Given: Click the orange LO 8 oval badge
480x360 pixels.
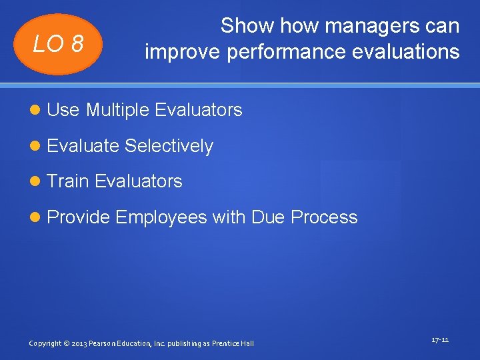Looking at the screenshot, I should click(x=58, y=44).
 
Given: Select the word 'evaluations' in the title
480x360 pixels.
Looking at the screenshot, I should click(x=411, y=51).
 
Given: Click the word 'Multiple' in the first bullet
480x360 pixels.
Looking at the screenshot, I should click(x=117, y=110).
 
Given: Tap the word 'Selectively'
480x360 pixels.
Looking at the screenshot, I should click(x=169, y=146).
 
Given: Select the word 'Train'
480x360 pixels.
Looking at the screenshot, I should click(x=68, y=181).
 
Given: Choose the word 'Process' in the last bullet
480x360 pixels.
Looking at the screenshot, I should click(x=325, y=217).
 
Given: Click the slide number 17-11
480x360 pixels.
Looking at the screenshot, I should click(x=440, y=340).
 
